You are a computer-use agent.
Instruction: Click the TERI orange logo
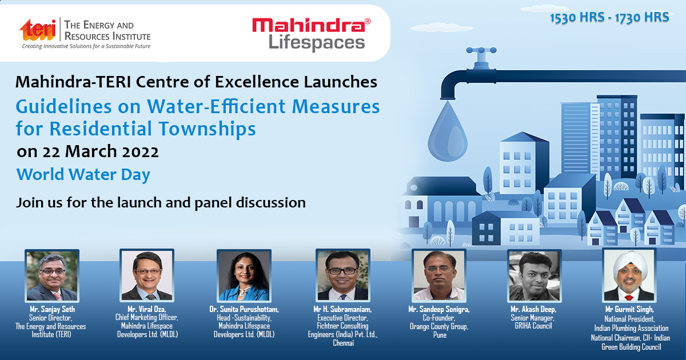[38, 30]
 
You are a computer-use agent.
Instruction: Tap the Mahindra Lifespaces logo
[312, 34]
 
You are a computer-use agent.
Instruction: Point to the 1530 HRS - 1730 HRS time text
[609, 18]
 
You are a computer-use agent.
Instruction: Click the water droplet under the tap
[448, 131]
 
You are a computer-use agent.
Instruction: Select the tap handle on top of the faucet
[481, 50]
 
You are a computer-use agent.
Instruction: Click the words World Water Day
[83, 174]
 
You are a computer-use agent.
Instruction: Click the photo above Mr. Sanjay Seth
[52, 275]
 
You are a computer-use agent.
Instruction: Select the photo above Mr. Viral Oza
[147, 275]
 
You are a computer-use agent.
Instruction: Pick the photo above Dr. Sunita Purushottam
[244, 275]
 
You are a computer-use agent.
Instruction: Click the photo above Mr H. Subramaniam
[343, 275]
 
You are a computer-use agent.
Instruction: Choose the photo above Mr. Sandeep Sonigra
[439, 275]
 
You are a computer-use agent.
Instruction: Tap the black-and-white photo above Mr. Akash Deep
[535, 275]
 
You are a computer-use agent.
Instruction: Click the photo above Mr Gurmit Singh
[629, 275]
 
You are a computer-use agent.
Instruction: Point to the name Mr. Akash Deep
[533, 310]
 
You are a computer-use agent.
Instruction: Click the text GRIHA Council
[533, 326]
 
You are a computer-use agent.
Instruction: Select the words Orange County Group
[439, 327]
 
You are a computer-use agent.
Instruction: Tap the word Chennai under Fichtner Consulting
[344, 343]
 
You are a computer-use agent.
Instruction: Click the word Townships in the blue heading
[208, 129]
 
